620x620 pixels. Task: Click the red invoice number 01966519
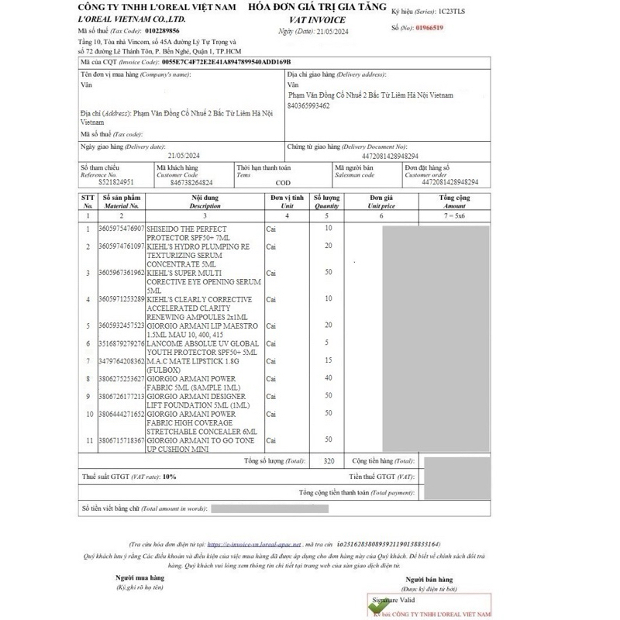point(429,27)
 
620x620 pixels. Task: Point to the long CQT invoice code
point(226,60)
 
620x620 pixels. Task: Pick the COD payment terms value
point(283,183)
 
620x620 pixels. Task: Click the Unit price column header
point(382,202)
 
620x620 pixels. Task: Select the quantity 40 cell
point(328,378)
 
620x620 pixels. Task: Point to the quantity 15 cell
point(328,360)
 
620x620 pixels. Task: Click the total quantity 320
point(328,460)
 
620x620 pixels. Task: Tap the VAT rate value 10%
point(170,477)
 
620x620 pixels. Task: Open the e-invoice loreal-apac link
point(254,545)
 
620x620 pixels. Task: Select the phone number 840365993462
point(308,105)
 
